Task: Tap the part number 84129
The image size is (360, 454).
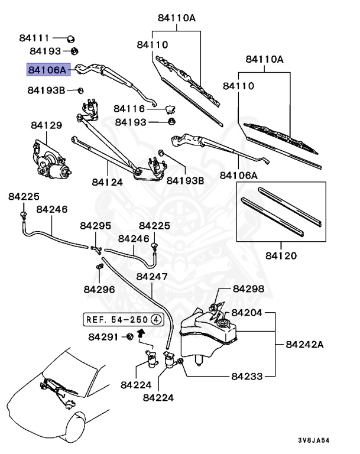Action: (x=46, y=125)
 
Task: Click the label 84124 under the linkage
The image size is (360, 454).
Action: (x=107, y=183)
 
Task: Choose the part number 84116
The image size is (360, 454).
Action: (x=129, y=109)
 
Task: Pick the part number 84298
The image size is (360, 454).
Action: (x=248, y=289)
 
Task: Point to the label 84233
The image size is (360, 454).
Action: (x=248, y=375)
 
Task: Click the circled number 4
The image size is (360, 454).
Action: (x=156, y=319)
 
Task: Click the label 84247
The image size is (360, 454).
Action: (x=152, y=277)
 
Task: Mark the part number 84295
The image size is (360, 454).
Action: (x=96, y=226)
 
